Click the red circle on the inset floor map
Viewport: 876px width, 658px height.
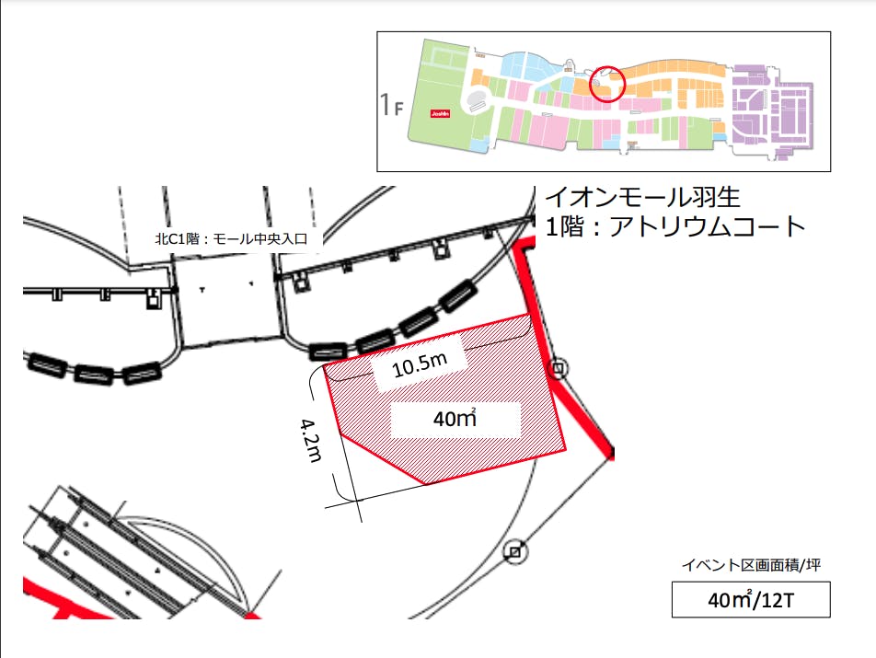coord(606,83)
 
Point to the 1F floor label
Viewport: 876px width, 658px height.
coord(392,105)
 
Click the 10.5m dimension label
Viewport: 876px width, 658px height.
coord(420,368)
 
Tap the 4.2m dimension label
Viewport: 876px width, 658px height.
coord(310,440)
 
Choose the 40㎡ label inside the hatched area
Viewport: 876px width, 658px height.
coord(455,420)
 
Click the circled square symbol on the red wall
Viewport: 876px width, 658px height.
coord(559,369)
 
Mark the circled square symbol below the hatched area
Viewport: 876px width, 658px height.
coord(515,552)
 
